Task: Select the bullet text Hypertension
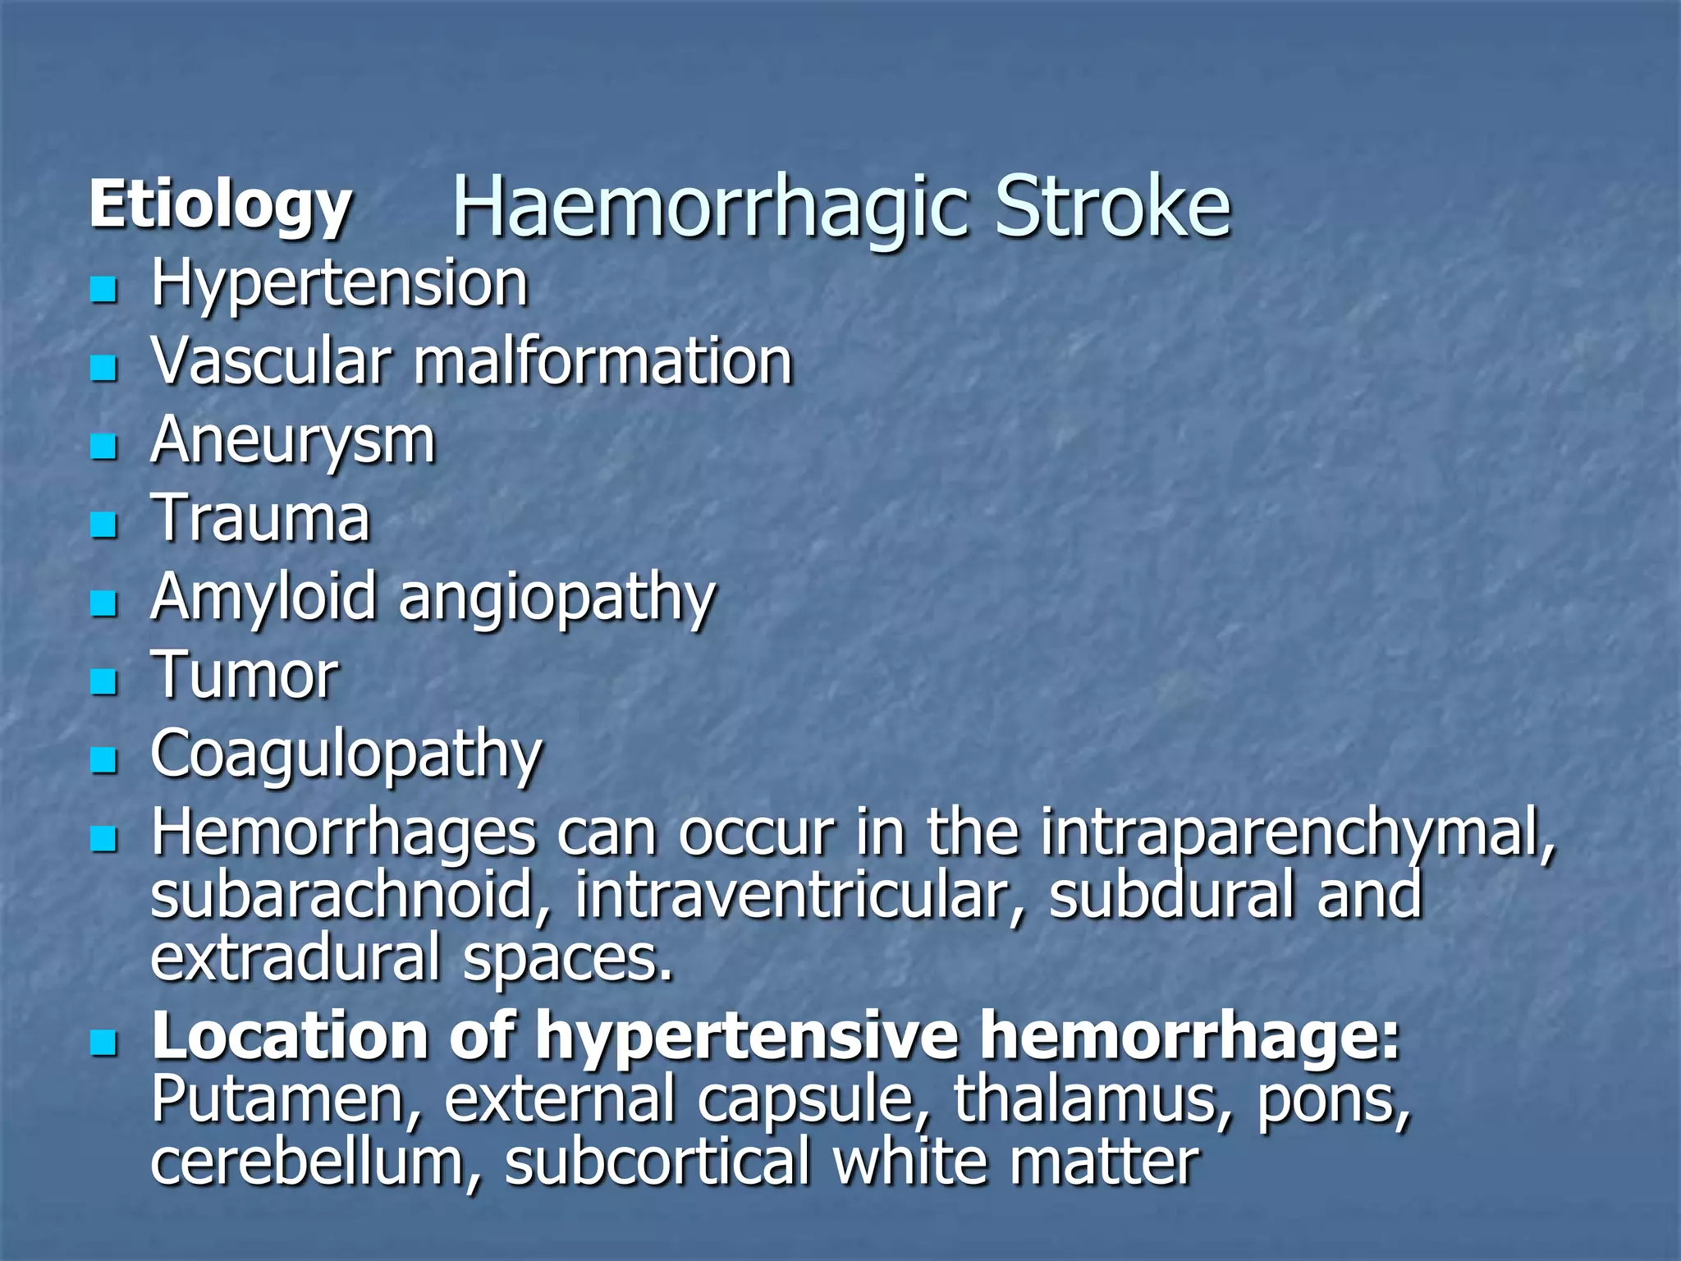[x=339, y=284]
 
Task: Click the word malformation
[x=602, y=361]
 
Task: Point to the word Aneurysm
[x=292, y=442]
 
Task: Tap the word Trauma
[x=260, y=519]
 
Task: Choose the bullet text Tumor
[x=244, y=676]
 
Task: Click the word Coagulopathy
[x=346, y=754]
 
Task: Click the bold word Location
[x=290, y=1037]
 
